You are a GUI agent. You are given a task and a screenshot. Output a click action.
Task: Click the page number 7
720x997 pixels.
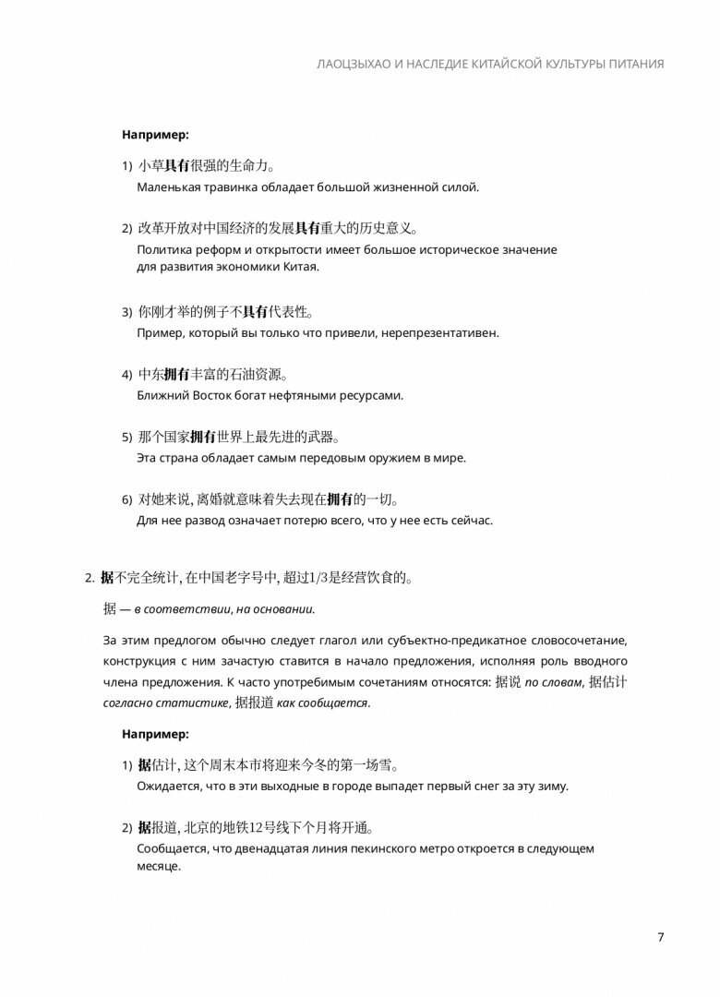click(x=660, y=938)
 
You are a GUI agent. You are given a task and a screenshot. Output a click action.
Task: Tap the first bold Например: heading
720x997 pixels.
click(x=155, y=135)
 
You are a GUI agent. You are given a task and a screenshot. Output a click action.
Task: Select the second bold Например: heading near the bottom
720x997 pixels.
click(x=155, y=735)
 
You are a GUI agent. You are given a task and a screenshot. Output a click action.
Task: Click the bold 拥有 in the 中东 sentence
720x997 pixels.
click(x=176, y=374)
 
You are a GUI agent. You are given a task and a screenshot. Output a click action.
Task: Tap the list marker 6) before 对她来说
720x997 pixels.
click(x=127, y=500)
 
